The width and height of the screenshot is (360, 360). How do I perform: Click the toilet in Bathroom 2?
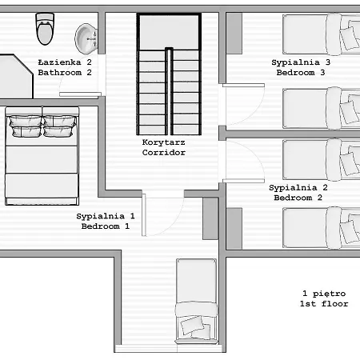[45, 29]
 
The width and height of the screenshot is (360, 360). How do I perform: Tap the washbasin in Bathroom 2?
[86, 39]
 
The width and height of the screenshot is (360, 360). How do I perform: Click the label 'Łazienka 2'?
[65, 62]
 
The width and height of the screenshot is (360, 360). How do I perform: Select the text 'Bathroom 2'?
[65, 72]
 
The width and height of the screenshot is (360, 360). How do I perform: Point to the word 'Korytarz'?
[163, 142]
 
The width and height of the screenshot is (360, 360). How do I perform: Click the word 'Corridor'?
[163, 152]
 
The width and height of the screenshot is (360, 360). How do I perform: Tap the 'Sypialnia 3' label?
[301, 62]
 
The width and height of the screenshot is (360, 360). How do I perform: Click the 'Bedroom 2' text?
[298, 198]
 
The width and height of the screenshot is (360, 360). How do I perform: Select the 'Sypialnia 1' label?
[106, 216]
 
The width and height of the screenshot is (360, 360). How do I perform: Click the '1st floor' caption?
[324, 303]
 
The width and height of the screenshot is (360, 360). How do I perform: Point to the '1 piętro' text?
[324, 294]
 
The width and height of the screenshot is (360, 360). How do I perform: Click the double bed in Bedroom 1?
[42, 156]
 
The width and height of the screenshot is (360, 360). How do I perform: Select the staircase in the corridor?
[169, 74]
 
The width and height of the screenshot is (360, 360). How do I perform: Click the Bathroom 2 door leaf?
[80, 94]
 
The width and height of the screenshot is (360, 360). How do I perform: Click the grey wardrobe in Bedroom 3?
[234, 34]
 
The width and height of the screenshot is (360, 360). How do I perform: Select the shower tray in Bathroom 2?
[16, 76]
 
